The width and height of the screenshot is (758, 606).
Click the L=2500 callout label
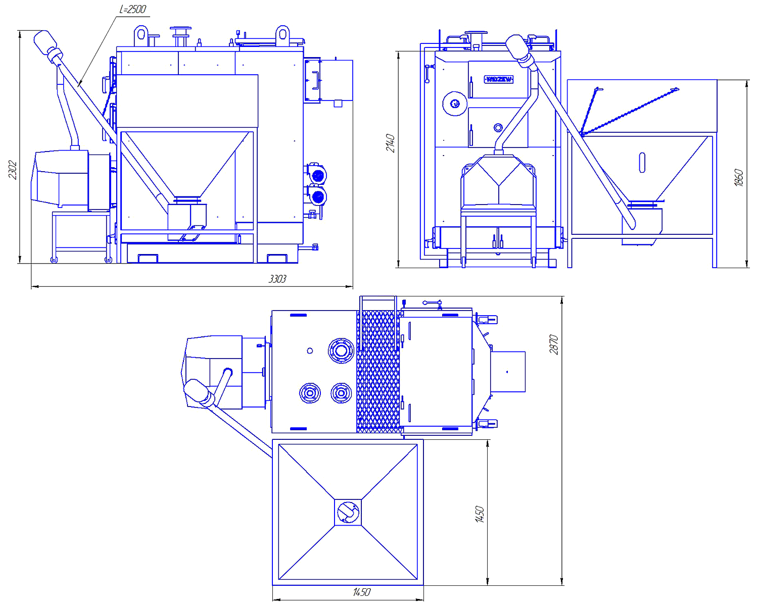click(x=133, y=10)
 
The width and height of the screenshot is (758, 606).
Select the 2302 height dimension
click(x=13, y=170)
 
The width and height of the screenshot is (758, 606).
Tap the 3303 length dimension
click(x=277, y=279)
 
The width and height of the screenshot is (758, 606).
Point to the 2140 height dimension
click(x=391, y=143)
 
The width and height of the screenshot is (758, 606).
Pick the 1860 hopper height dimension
click(x=739, y=178)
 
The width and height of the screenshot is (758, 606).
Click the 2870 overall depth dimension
click(x=554, y=344)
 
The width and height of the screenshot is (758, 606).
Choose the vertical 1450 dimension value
click(x=480, y=514)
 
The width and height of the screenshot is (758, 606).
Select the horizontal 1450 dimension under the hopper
click(x=362, y=592)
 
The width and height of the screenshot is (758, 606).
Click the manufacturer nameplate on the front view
click(x=499, y=79)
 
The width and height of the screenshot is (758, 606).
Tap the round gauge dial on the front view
click(x=454, y=104)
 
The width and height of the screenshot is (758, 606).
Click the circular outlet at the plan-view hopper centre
click(x=348, y=512)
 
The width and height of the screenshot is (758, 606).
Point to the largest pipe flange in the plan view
click(x=341, y=350)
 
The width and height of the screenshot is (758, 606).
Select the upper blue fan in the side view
click(x=317, y=176)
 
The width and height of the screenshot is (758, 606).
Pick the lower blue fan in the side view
click(x=317, y=196)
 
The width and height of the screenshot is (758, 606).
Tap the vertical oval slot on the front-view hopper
click(x=642, y=163)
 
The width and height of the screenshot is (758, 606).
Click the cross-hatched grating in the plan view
click(x=378, y=371)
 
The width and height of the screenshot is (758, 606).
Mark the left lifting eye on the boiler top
click(x=141, y=36)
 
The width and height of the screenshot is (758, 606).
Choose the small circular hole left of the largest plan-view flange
click(x=310, y=350)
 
